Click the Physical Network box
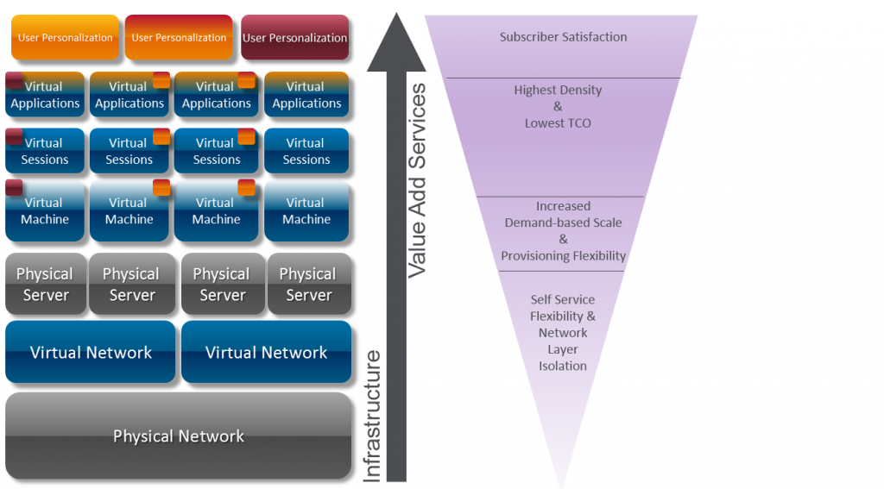click(178, 436)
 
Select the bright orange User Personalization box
click(65, 37)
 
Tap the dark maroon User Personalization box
click(294, 37)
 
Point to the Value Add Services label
click(417, 180)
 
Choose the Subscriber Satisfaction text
click(563, 37)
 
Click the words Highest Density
click(558, 90)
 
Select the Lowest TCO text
click(558, 123)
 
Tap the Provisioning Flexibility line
click(563, 256)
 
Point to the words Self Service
click(563, 299)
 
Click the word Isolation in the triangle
click(563, 366)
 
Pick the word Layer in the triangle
click(563, 349)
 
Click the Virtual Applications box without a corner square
click(306, 95)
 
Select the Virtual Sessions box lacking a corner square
click(306, 151)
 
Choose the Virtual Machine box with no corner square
click(306, 211)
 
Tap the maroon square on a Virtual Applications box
click(15, 81)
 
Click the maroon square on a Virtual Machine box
click(15, 187)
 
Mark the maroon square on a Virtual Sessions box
click(15, 136)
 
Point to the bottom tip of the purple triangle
click(562, 486)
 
